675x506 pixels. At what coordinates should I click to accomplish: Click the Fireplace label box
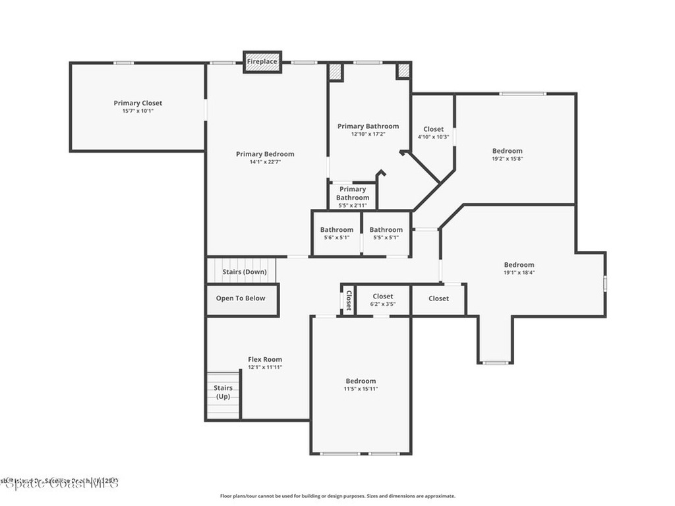[x=262, y=62]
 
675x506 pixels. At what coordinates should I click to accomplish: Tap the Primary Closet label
[x=138, y=103]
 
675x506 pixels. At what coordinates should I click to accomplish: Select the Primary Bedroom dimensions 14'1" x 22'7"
[x=266, y=162]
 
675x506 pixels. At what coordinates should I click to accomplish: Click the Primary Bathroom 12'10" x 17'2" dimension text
[x=368, y=134]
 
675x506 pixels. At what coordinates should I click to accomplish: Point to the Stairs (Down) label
[x=245, y=271]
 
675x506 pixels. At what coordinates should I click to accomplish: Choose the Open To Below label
[x=241, y=298]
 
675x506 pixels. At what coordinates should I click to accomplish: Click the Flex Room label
[x=265, y=360]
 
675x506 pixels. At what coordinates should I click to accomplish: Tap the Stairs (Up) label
[x=223, y=392]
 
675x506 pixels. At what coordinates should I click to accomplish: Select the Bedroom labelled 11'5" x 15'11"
[x=361, y=385]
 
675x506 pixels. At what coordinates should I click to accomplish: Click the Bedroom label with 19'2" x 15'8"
[x=507, y=155]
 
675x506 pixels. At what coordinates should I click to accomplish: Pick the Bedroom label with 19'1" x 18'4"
[x=519, y=268]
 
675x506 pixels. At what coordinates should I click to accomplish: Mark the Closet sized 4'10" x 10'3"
[x=433, y=133]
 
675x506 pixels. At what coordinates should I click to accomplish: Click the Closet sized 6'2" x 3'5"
[x=383, y=300]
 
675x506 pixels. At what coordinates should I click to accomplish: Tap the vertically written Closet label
[x=349, y=300]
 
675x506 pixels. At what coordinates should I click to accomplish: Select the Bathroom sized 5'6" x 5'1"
[x=337, y=233]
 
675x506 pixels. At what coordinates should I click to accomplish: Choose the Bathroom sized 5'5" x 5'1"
[x=386, y=233]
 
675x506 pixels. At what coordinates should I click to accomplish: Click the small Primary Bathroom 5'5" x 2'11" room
[x=353, y=197]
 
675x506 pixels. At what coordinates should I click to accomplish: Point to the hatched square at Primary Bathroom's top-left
[x=336, y=71]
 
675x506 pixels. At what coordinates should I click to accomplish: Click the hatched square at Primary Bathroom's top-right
[x=403, y=70]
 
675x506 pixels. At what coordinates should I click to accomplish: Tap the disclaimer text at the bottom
[x=337, y=496]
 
